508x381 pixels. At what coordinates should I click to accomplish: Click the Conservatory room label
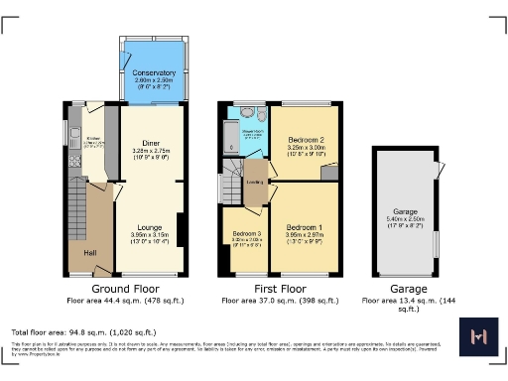click(x=154, y=72)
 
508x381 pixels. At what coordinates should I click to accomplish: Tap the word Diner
click(x=152, y=144)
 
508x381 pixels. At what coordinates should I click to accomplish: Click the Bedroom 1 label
click(x=305, y=228)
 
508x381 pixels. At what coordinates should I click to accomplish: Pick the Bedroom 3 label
click(x=243, y=234)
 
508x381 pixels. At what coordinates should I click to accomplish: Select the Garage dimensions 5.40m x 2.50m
click(x=404, y=221)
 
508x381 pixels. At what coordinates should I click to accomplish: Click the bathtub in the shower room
click(x=230, y=143)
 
